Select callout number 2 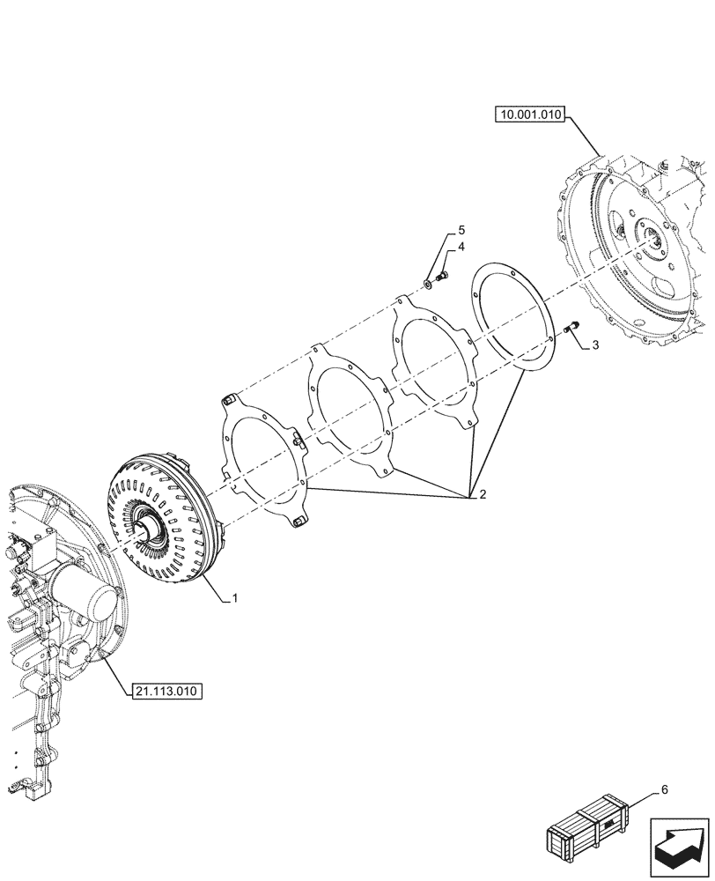482,494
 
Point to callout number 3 595,345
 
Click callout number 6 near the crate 665,789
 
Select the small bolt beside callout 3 568,329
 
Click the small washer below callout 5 429,283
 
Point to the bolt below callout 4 442,278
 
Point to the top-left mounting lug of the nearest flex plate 226,402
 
